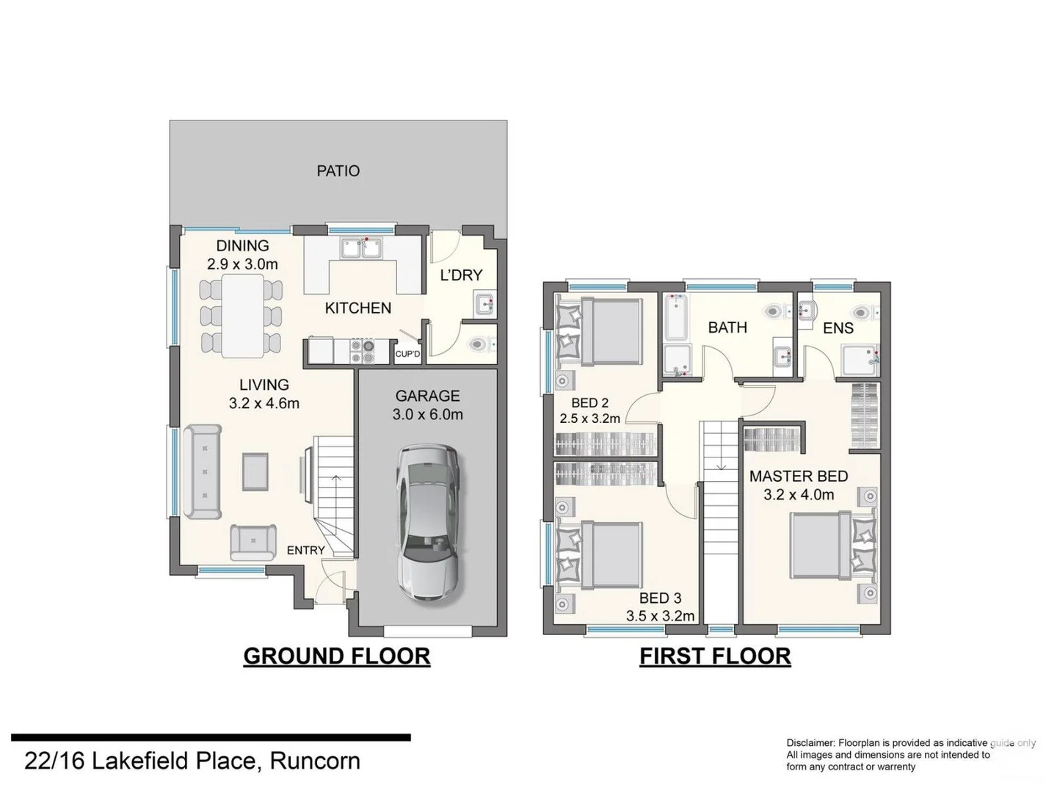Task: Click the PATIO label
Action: (x=338, y=171)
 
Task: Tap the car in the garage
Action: (x=429, y=522)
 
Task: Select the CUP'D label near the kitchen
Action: (x=407, y=354)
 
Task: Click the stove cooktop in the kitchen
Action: (x=362, y=351)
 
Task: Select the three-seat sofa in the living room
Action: (x=202, y=473)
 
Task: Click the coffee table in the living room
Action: (x=255, y=471)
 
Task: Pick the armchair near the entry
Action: (x=253, y=542)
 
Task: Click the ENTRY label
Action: (x=305, y=550)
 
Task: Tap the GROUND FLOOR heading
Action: (x=336, y=656)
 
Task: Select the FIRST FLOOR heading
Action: (x=715, y=656)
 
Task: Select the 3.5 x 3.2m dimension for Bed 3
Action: (x=660, y=616)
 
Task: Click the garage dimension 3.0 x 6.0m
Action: (x=427, y=415)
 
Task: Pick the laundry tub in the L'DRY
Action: (x=484, y=303)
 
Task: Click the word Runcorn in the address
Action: (x=315, y=761)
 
